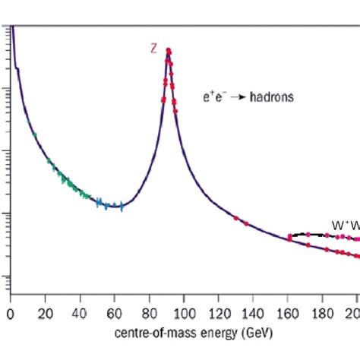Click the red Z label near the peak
(153, 48)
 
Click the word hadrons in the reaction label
(273, 97)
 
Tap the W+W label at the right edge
(344, 225)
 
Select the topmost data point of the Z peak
(168, 51)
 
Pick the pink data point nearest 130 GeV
(235, 218)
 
